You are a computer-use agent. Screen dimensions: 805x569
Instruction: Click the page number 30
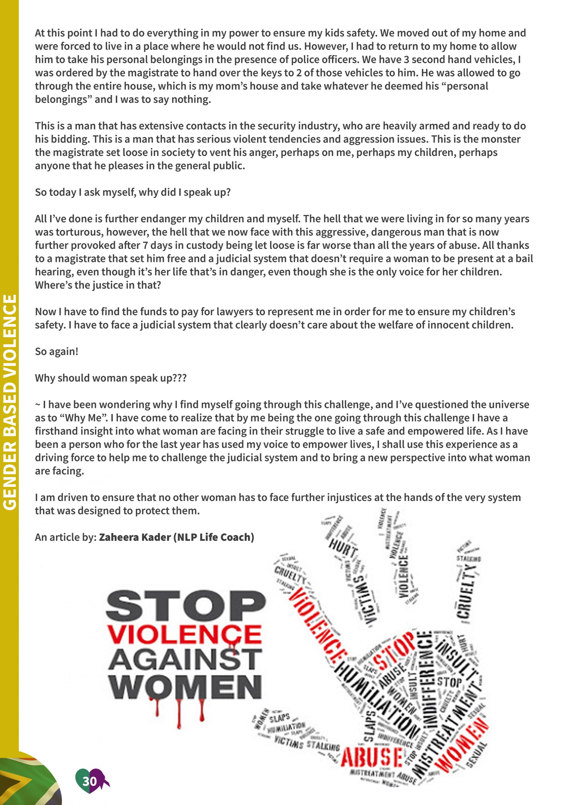point(89,781)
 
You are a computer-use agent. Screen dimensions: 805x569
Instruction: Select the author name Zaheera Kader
point(135,537)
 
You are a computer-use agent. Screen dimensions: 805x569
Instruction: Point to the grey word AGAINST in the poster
point(185,659)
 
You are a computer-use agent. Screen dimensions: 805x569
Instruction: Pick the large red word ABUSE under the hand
point(372,758)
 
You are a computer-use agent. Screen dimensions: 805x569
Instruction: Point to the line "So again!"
point(57,351)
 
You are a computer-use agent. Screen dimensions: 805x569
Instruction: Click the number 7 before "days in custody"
point(144,245)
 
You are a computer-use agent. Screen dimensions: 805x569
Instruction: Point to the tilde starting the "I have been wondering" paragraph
point(37,405)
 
